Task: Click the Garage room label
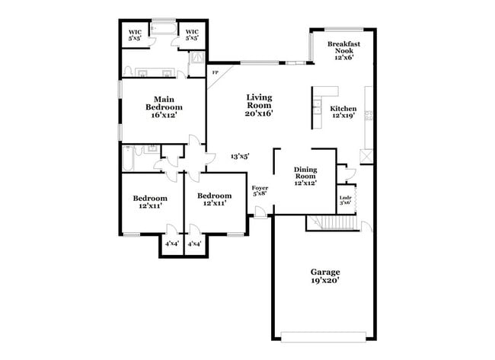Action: [x=324, y=272]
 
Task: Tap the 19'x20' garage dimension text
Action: [x=324, y=281]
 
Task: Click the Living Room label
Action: [x=259, y=101]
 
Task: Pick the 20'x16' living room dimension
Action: [x=259, y=113]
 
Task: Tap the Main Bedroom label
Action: [x=165, y=104]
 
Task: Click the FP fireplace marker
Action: [x=215, y=73]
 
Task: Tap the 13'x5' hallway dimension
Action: [x=240, y=156]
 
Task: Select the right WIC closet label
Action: [x=193, y=32]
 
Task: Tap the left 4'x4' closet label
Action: [x=172, y=244]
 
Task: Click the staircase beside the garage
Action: [x=331, y=221]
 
